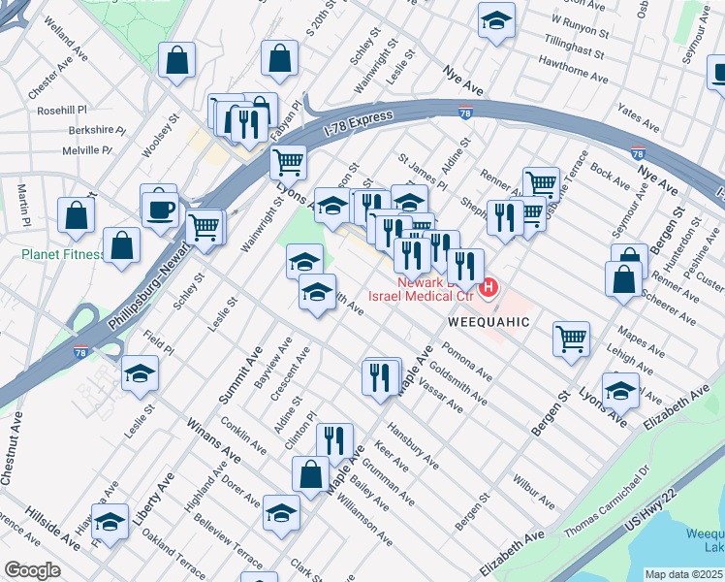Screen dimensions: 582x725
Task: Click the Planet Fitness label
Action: [x=63, y=255]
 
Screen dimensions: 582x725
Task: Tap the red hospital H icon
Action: [x=489, y=288]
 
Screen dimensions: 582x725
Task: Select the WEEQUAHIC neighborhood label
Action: [x=489, y=321]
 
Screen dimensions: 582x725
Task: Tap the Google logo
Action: [x=33, y=570]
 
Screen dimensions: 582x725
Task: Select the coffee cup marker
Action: [x=160, y=209]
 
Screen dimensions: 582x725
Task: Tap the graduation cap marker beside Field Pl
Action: [x=140, y=372]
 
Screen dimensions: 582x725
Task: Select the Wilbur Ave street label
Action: [x=534, y=492]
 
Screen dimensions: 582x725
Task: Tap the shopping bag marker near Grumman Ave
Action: [x=311, y=474]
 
